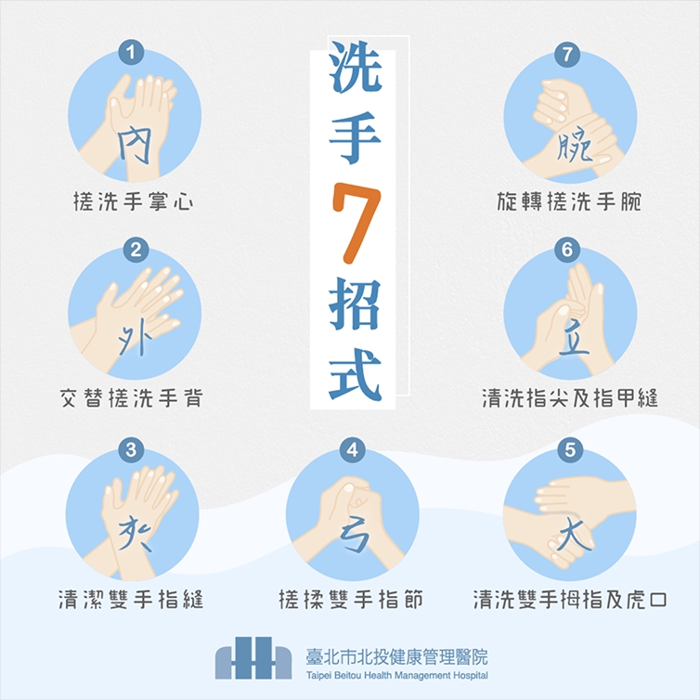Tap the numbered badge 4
351,450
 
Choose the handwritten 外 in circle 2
133,340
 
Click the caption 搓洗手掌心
134,201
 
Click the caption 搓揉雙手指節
352,599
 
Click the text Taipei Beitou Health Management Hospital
397,676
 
